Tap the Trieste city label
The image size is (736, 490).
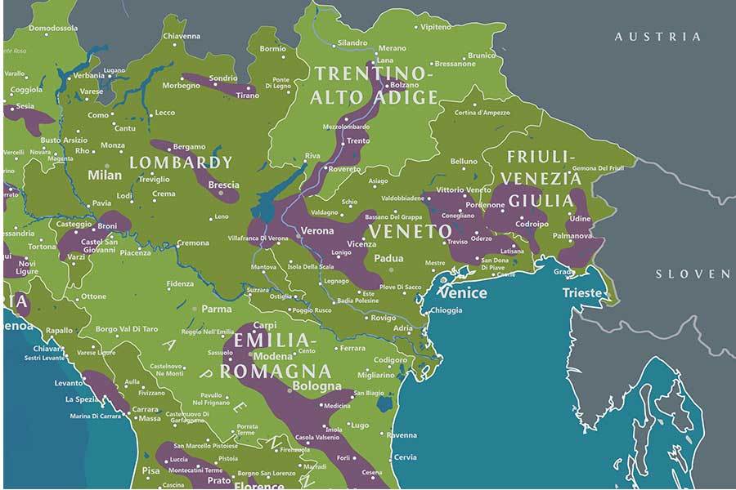tap(582, 293)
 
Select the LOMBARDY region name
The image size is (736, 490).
tap(181, 163)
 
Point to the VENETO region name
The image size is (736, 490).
tap(410, 232)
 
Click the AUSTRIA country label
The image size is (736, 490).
tap(657, 37)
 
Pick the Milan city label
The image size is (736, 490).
tap(105, 175)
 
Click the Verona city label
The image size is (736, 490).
tap(317, 231)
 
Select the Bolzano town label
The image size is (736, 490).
tap(404, 85)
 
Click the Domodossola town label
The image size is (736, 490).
tap(52, 28)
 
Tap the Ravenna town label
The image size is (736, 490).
tap(402, 435)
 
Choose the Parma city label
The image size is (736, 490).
tap(217, 310)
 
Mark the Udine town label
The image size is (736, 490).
tap(579, 219)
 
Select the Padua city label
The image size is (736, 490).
tap(388, 258)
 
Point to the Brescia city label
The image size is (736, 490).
tap(223, 185)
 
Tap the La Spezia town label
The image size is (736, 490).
tap(82, 399)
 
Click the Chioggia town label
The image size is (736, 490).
tap(446, 310)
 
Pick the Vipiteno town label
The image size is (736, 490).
tap(436, 27)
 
